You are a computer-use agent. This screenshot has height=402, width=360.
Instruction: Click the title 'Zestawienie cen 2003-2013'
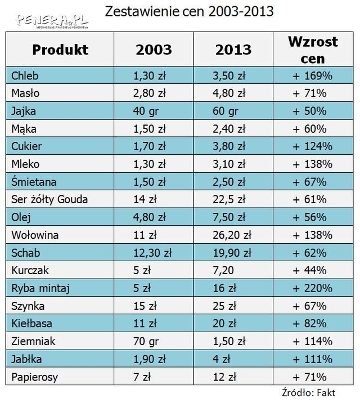(x=189, y=11)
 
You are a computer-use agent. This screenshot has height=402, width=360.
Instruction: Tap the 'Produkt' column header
(x=60, y=50)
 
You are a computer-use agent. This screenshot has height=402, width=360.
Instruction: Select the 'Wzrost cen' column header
(x=313, y=50)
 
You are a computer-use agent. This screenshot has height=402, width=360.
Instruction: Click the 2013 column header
(x=233, y=50)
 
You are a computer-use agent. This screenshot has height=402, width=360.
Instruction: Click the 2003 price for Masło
(x=150, y=92)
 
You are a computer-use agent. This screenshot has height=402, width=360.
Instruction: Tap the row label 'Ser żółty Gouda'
(x=49, y=199)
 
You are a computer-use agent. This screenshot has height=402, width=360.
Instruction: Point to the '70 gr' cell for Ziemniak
(x=145, y=341)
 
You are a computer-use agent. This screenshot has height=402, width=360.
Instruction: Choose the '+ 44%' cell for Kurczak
(x=313, y=271)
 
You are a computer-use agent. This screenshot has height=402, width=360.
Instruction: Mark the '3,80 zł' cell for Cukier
(x=231, y=146)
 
